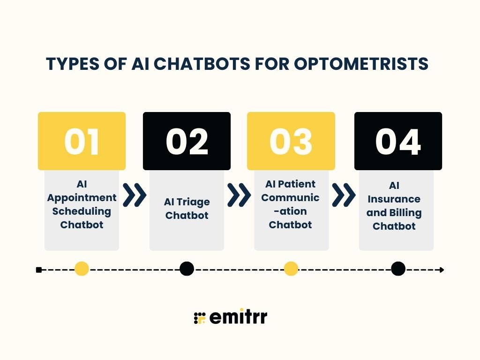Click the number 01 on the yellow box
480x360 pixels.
pyautogui.click(x=82, y=142)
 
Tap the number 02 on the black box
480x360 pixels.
pyautogui.click(x=187, y=142)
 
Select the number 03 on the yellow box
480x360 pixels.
pyautogui.click(x=291, y=142)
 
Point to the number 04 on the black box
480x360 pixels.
pyautogui.click(x=398, y=142)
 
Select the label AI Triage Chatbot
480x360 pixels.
pyautogui.click(x=187, y=209)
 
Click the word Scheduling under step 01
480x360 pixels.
pyautogui.click(x=82, y=211)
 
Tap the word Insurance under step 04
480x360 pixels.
pyautogui.click(x=394, y=199)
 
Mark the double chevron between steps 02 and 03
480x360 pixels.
pyautogui.click(x=239, y=195)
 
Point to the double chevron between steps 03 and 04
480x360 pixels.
pyautogui.click(x=344, y=195)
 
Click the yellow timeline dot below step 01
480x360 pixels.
pyautogui.click(x=82, y=269)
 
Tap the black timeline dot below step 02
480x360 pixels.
pyautogui.click(x=187, y=269)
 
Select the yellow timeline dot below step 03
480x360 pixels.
pyautogui.click(x=291, y=269)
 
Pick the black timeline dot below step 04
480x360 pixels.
pyautogui.click(x=398, y=269)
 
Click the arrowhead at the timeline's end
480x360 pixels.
pyautogui.click(x=441, y=270)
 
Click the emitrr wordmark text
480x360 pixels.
pyautogui.click(x=238, y=317)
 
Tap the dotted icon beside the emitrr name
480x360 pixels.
pyautogui.click(x=200, y=318)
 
